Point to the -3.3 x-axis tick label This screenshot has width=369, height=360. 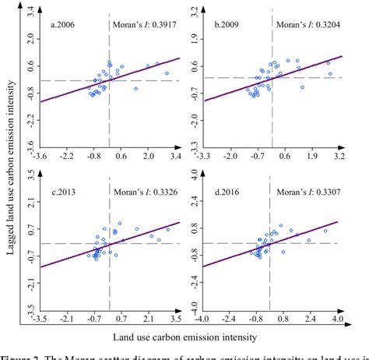(203, 156)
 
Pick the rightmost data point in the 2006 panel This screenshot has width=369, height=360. (166, 73)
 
